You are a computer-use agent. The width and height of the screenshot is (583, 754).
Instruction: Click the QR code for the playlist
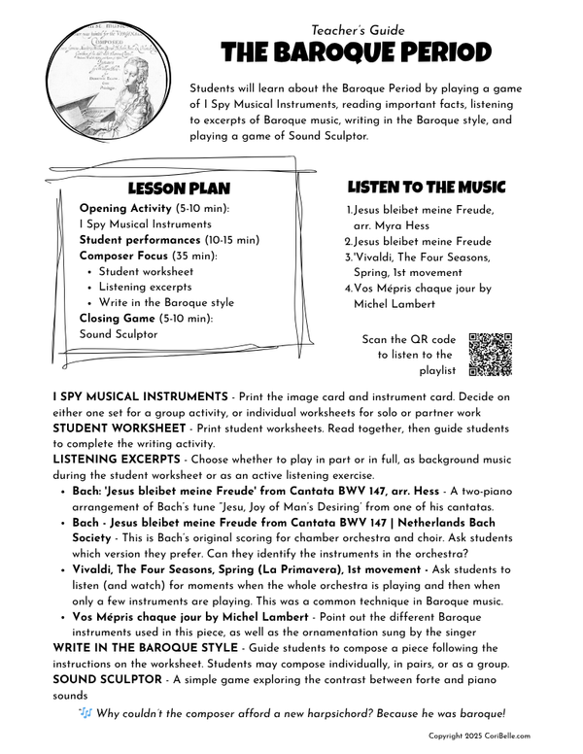pos(490,355)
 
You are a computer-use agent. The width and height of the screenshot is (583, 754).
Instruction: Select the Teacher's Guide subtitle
pos(359,30)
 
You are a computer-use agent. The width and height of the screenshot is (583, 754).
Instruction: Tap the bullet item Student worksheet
pos(147,272)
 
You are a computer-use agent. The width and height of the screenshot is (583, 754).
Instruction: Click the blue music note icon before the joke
pos(86,714)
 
